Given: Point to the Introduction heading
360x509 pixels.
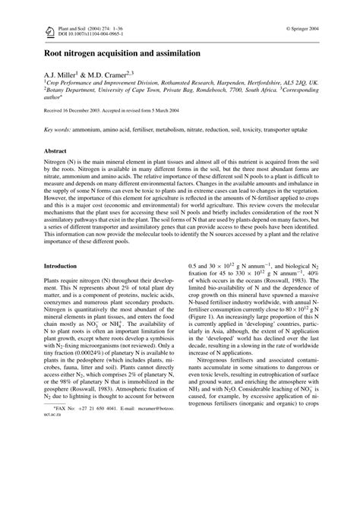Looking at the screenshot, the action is pyautogui.click(x=64, y=266).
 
